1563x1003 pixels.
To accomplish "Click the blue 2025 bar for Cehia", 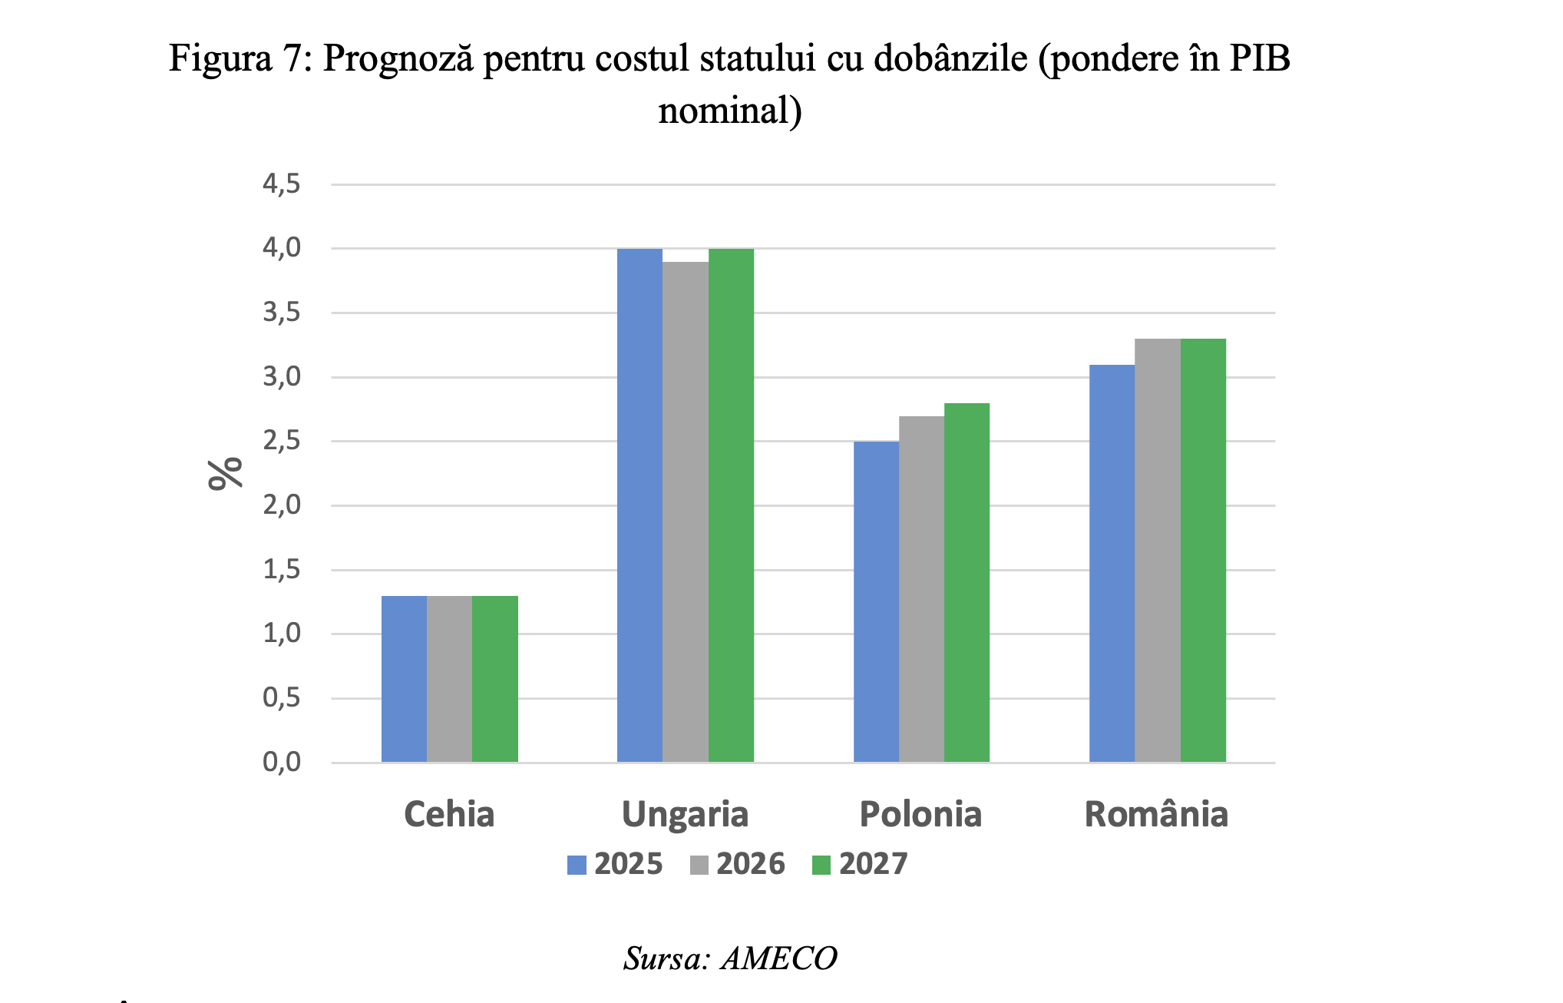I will click(404, 679).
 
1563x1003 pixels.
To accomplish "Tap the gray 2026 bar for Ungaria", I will click(686, 511).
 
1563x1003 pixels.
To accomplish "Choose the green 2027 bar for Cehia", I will click(495, 679).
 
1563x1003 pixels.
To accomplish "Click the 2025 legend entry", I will click(615, 864).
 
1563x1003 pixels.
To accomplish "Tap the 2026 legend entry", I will click(738, 864).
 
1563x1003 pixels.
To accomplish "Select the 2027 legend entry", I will click(860, 864).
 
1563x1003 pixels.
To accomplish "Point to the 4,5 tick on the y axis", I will click(282, 184).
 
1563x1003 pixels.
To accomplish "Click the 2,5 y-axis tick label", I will click(282, 442).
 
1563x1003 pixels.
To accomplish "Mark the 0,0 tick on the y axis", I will click(282, 763).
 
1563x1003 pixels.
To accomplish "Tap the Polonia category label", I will click(920, 814).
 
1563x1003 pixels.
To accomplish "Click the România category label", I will click(1156, 814).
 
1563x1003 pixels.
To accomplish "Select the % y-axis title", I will click(226, 473).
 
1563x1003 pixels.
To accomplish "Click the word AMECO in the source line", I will click(778, 958).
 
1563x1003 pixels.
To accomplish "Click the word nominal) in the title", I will click(730, 111).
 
